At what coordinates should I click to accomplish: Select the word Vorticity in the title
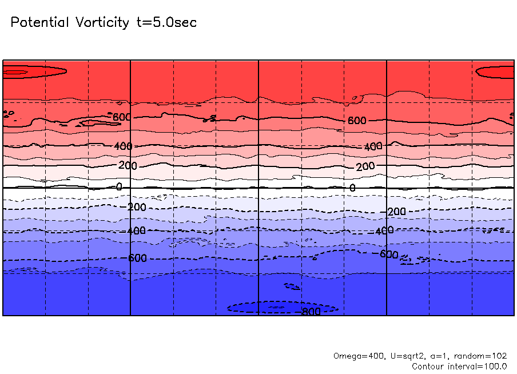(x=101, y=23)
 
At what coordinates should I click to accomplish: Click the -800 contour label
(x=311, y=312)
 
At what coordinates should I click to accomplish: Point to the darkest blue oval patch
(x=269, y=308)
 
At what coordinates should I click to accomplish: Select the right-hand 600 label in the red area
(x=357, y=121)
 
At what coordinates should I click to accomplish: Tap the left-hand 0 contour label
(x=119, y=186)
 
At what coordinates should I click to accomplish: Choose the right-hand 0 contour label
(x=352, y=188)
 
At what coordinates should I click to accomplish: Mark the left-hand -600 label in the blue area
(x=136, y=258)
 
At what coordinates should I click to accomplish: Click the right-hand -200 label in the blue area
(x=395, y=212)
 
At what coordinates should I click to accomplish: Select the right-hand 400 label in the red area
(x=373, y=147)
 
